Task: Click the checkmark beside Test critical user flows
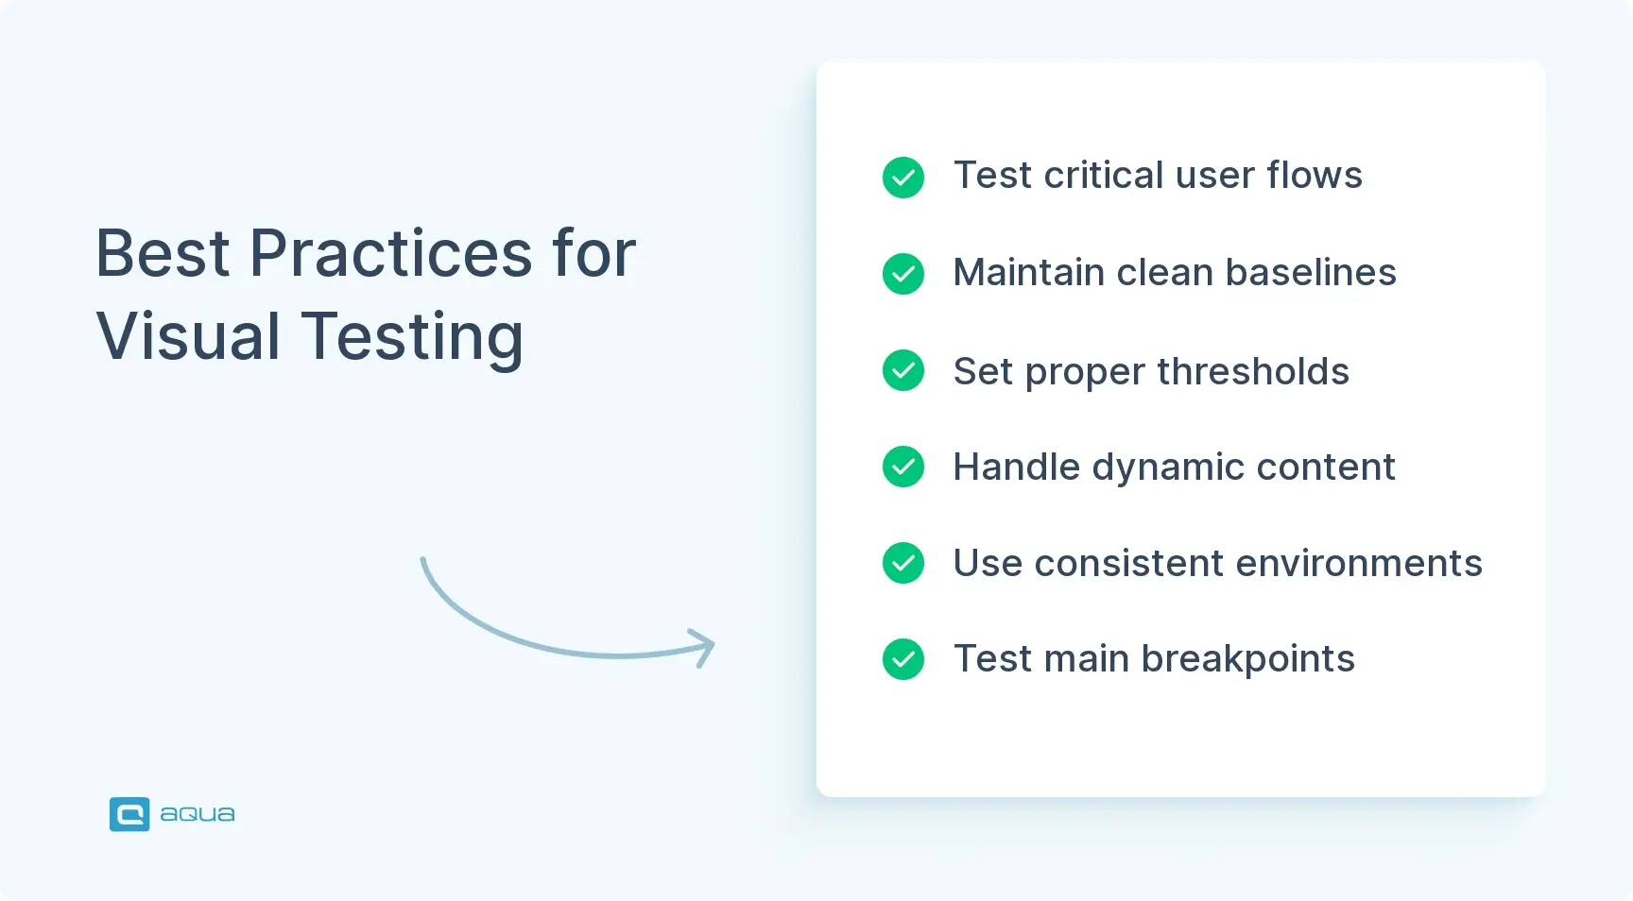[903, 178]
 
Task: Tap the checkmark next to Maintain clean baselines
[903, 274]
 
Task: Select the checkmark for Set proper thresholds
[903, 370]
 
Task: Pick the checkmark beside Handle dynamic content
[903, 467]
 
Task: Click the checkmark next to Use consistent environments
[903, 563]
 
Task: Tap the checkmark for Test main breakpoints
[903, 659]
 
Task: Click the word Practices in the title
[390, 254]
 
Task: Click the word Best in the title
[163, 254]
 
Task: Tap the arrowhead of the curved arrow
[705, 647]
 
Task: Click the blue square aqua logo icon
[129, 814]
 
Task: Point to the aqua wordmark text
[198, 814]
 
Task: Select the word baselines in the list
[1311, 273]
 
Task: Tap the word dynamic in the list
[1168, 468]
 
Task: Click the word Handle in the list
[1016, 467]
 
